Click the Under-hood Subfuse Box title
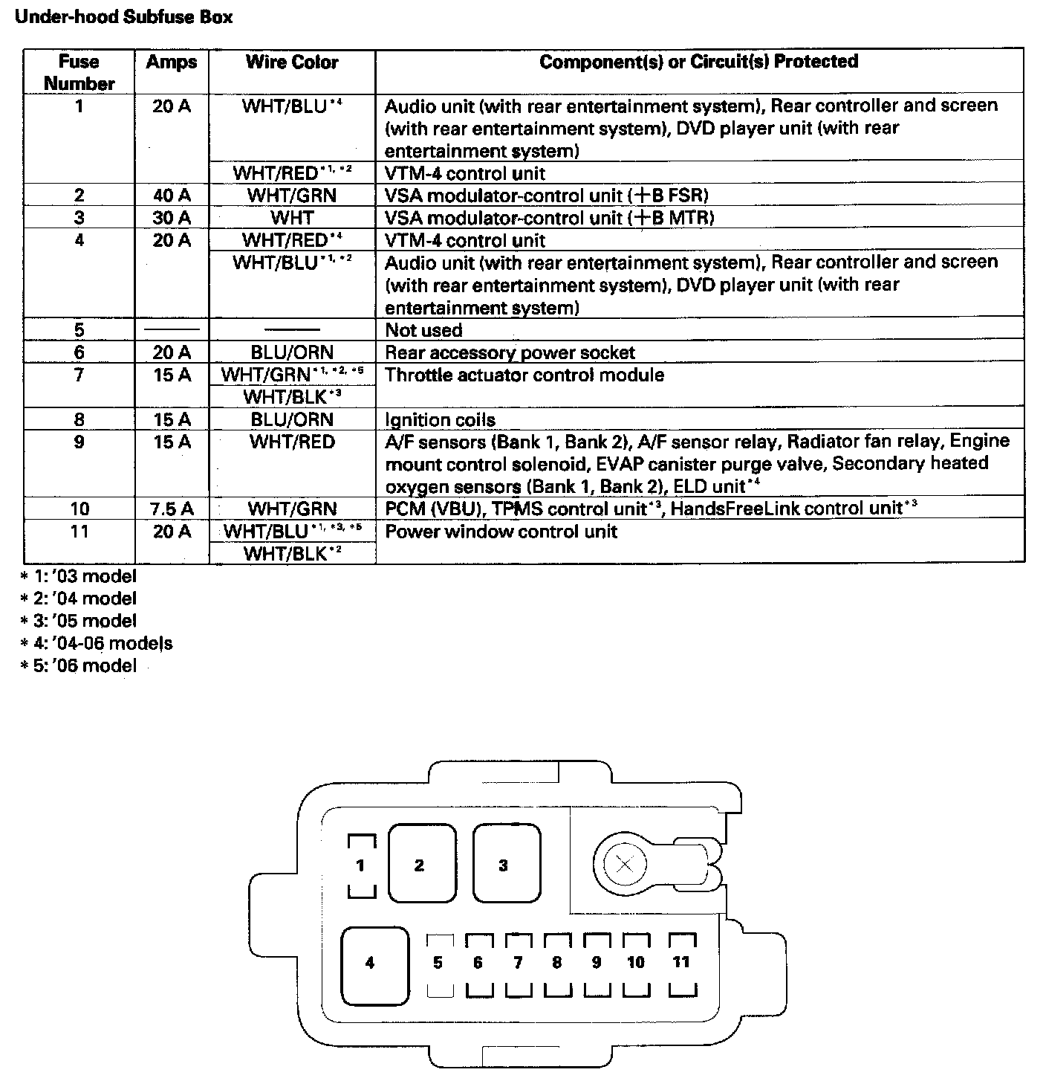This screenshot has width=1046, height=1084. pos(123,16)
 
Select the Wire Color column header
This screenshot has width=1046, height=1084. pos(292,62)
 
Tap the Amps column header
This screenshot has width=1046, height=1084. pos(172,62)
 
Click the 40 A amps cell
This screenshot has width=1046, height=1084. pos(172,196)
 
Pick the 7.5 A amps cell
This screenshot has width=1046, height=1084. pos(172,509)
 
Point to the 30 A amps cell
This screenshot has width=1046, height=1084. pos(172,218)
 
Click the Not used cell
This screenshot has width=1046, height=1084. pos(423,330)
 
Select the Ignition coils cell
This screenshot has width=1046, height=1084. pos(440,420)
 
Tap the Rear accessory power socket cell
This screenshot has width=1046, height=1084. pos(510,352)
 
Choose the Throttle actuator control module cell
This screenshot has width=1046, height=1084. pos(524,375)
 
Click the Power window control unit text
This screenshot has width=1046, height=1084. pos(501,532)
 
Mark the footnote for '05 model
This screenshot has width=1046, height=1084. pos(79,621)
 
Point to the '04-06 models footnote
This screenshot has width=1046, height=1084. pos(97,643)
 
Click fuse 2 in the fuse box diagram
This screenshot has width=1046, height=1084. pos(420,865)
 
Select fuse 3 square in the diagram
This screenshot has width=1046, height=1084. pos(504,865)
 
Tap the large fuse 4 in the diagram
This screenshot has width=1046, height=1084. pos(371,964)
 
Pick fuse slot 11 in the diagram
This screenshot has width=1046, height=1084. pos(682,963)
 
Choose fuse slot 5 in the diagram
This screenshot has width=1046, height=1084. pos(438,964)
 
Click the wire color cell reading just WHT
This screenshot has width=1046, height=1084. pos(292,218)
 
